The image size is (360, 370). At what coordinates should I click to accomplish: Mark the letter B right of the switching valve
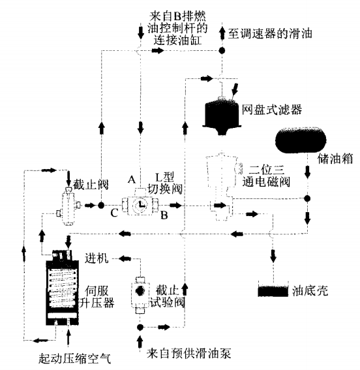coord(166,214)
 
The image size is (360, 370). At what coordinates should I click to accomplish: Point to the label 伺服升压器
coord(98,298)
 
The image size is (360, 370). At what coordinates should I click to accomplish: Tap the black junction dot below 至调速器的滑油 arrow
coord(222,50)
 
